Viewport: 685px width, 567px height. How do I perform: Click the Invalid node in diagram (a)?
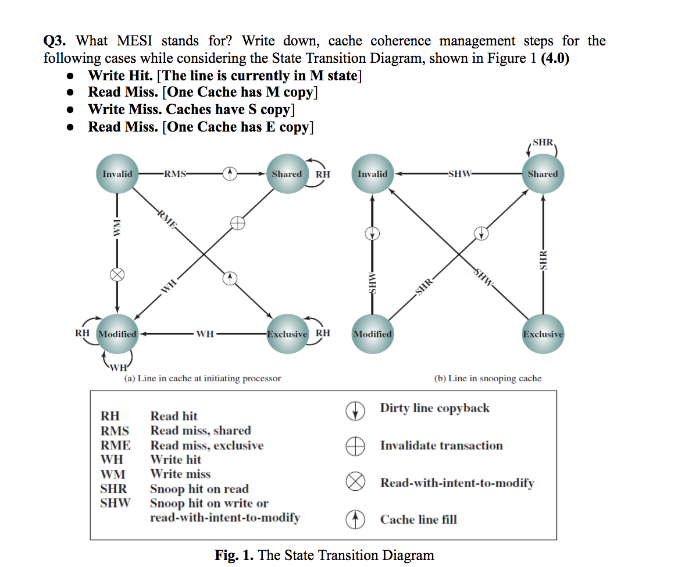tap(117, 174)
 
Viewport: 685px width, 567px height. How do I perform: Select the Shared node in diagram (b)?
tap(543, 174)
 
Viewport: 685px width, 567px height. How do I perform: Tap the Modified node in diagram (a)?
tap(117, 334)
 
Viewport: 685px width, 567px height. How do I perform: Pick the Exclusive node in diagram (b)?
tap(543, 334)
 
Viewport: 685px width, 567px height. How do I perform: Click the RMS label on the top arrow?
tap(175, 173)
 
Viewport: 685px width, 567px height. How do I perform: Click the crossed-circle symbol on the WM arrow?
tap(117, 275)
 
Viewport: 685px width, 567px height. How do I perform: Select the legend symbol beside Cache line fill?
tap(355, 519)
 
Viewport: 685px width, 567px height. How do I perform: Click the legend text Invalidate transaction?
tap(441, 446)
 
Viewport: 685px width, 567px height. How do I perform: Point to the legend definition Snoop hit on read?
tap(199, 489)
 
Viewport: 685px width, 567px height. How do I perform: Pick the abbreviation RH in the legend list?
tap(110, 416)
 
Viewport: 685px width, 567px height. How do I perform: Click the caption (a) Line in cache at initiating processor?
tap(203, 378)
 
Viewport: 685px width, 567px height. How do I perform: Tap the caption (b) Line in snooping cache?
tap(487, 378)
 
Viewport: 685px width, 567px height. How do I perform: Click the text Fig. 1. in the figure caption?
tap(234, 555)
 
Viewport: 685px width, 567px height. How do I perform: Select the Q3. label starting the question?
tap(57, 41)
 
